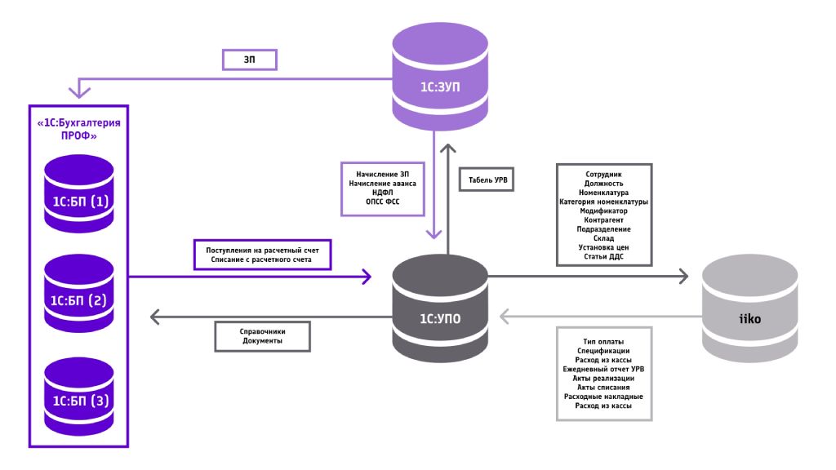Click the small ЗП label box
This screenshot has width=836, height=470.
(250, 60)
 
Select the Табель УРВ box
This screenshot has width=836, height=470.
(487, 180)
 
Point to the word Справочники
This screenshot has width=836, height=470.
(262, 332)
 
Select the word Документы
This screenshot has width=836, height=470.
(262, 341)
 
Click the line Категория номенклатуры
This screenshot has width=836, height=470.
(603, 202)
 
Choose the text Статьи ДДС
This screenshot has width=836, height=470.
(603, 255)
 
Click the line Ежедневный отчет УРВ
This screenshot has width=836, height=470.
(603, 369)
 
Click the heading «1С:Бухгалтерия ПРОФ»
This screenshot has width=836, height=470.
(78, 130)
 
